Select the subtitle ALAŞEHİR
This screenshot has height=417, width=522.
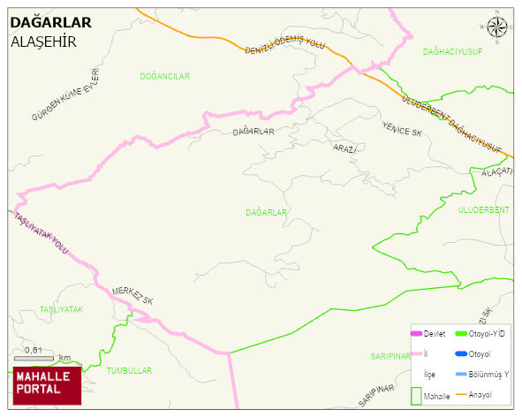point(42,42)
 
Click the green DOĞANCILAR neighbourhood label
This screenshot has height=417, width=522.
point(164,77)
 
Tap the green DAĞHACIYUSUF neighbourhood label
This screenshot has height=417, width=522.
point(452,52)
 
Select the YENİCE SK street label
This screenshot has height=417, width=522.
point(403,129)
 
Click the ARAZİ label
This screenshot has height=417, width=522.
point(344,148)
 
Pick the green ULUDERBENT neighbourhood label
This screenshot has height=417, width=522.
point(483,209)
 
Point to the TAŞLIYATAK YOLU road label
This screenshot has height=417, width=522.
point(42,234)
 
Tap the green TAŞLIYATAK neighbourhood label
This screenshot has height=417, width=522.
point(61,310)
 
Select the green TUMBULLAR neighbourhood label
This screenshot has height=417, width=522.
point(129,371)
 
